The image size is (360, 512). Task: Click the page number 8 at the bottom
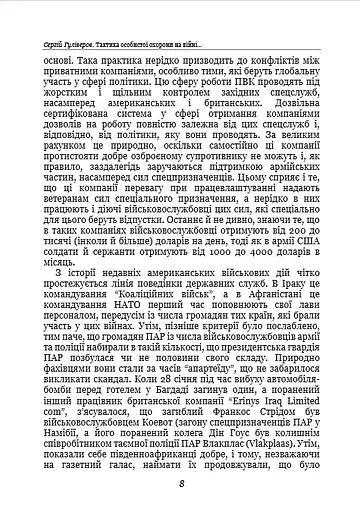point(179,483)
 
